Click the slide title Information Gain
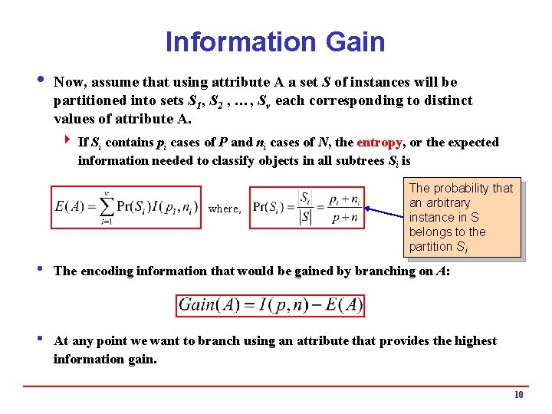coord(275,41)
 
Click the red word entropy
coord(379,143)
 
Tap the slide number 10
coord(518,395)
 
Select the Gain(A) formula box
coord(270,305)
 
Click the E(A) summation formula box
coord(127,207)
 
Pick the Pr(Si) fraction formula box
coord(307,207)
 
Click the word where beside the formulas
coord(224,209)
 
